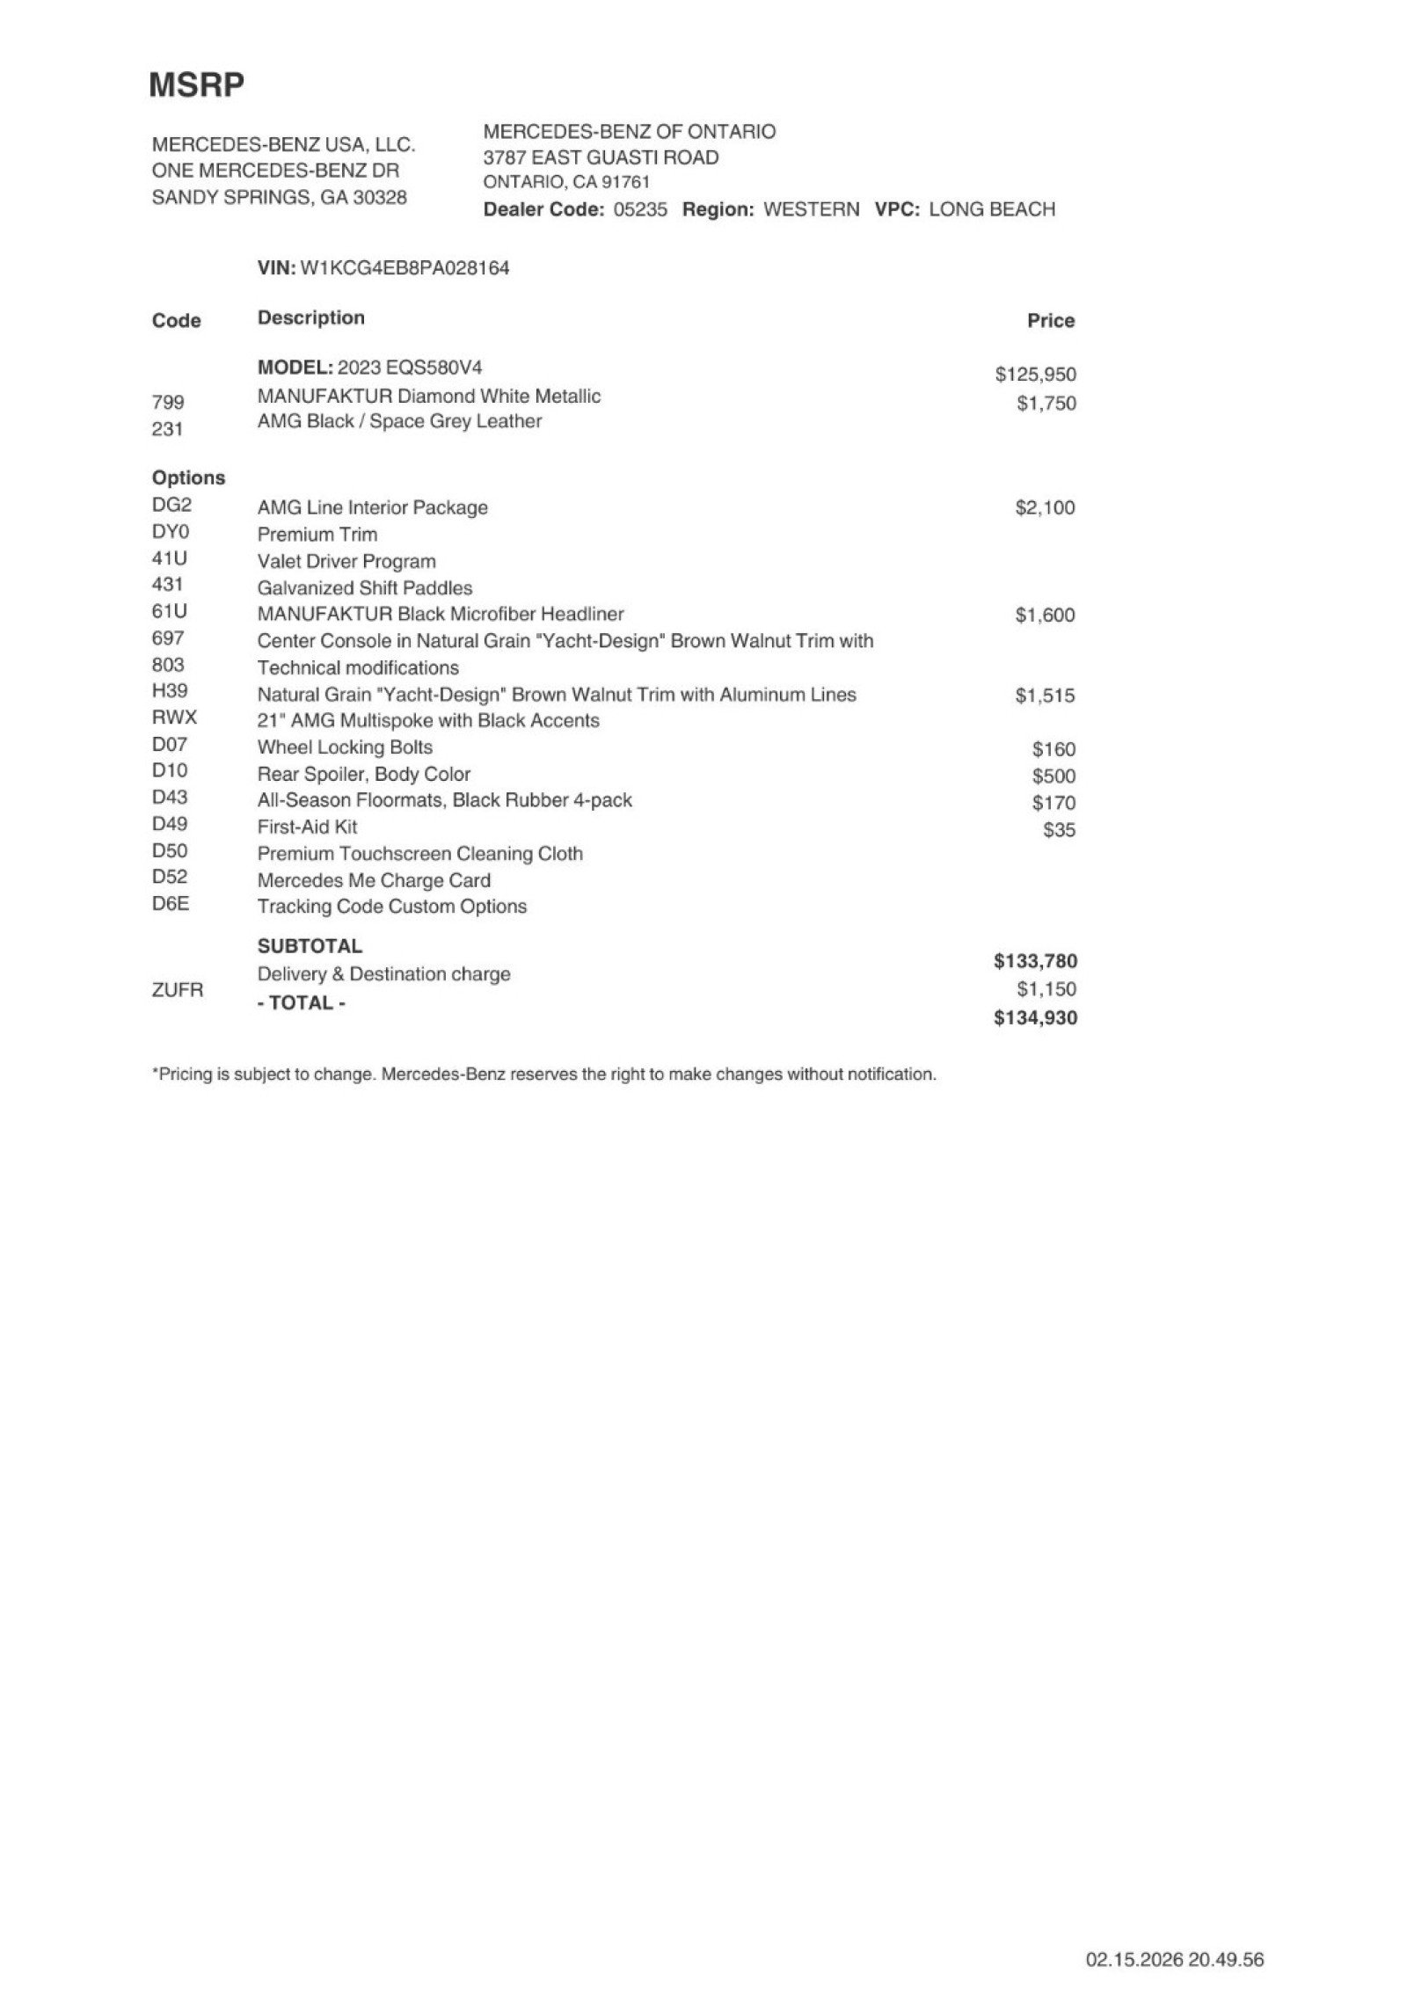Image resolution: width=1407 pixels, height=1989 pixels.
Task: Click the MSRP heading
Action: (196, 85)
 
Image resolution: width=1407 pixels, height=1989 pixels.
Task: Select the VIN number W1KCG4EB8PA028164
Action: (405, 268)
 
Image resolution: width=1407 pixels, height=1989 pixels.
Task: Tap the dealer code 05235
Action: (639, 209)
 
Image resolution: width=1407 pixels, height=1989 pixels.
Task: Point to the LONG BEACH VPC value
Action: (991, 209)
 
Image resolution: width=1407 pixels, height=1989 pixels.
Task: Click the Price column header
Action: (1050, 321)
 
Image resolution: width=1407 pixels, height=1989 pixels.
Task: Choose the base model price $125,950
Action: (1035, 375)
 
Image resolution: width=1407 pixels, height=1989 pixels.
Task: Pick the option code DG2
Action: (171, 506)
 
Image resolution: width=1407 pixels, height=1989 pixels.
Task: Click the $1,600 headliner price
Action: (1045, 616)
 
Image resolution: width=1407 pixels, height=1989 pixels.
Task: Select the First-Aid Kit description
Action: (307, 827)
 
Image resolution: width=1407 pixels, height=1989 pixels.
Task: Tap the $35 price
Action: (1059, 830)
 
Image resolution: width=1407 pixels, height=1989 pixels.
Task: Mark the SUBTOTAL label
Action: (310, 946)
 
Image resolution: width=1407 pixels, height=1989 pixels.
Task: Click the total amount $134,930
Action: (1035, 1018)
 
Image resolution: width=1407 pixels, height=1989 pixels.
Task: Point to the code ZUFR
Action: (177, 990)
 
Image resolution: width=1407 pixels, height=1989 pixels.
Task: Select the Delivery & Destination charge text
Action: (383, 974)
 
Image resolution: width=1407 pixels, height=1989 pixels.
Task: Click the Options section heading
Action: (188, 478)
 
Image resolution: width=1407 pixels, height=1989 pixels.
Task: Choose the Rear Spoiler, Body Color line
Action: (363, 775)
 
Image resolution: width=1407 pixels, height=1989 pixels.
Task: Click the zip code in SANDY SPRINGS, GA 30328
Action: (380, 198)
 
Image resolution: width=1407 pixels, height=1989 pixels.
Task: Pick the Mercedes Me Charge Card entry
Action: (374, 880)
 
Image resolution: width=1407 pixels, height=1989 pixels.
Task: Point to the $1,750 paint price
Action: (1046, 404)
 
